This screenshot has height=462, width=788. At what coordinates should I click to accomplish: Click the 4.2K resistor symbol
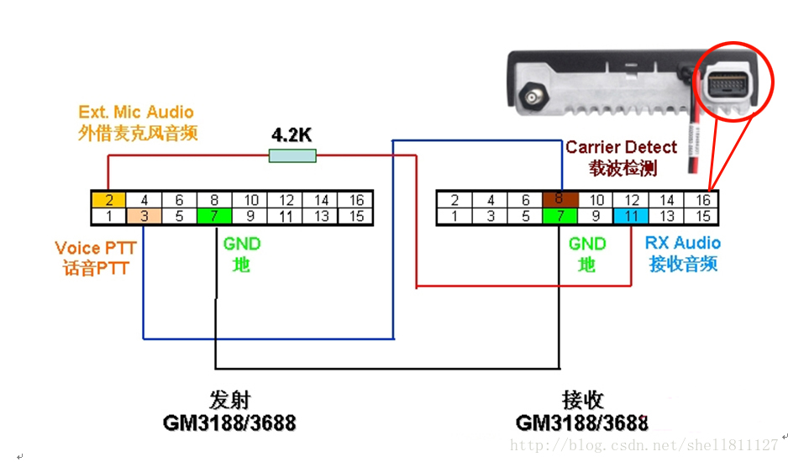coord(292,155)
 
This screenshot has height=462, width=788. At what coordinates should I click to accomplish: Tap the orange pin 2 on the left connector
coord(109,200)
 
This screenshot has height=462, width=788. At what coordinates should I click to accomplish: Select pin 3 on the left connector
coord(144,216)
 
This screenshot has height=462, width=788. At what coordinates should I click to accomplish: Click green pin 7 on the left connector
coord(214,216)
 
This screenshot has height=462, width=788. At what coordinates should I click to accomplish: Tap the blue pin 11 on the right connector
coord(631,216)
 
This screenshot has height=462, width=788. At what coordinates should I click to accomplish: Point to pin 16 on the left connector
coord(356,200)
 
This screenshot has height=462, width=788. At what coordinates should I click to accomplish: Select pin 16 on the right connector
coord(703,200)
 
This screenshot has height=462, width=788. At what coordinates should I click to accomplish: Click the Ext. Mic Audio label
coord(136,112)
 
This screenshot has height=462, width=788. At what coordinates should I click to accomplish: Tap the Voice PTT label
coord(95,249)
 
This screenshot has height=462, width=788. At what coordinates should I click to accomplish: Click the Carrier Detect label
coord(621,147)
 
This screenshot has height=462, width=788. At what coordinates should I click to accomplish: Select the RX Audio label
coord(682,243)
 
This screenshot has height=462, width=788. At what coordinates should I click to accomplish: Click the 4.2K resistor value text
coord(292,134)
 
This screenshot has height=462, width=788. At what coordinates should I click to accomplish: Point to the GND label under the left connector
coord(242,244)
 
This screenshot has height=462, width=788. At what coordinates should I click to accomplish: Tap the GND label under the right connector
coord(587,244)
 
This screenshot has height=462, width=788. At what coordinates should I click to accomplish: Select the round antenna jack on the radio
coord(531,99)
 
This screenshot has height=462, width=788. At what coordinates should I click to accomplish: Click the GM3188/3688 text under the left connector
coord(229,423)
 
